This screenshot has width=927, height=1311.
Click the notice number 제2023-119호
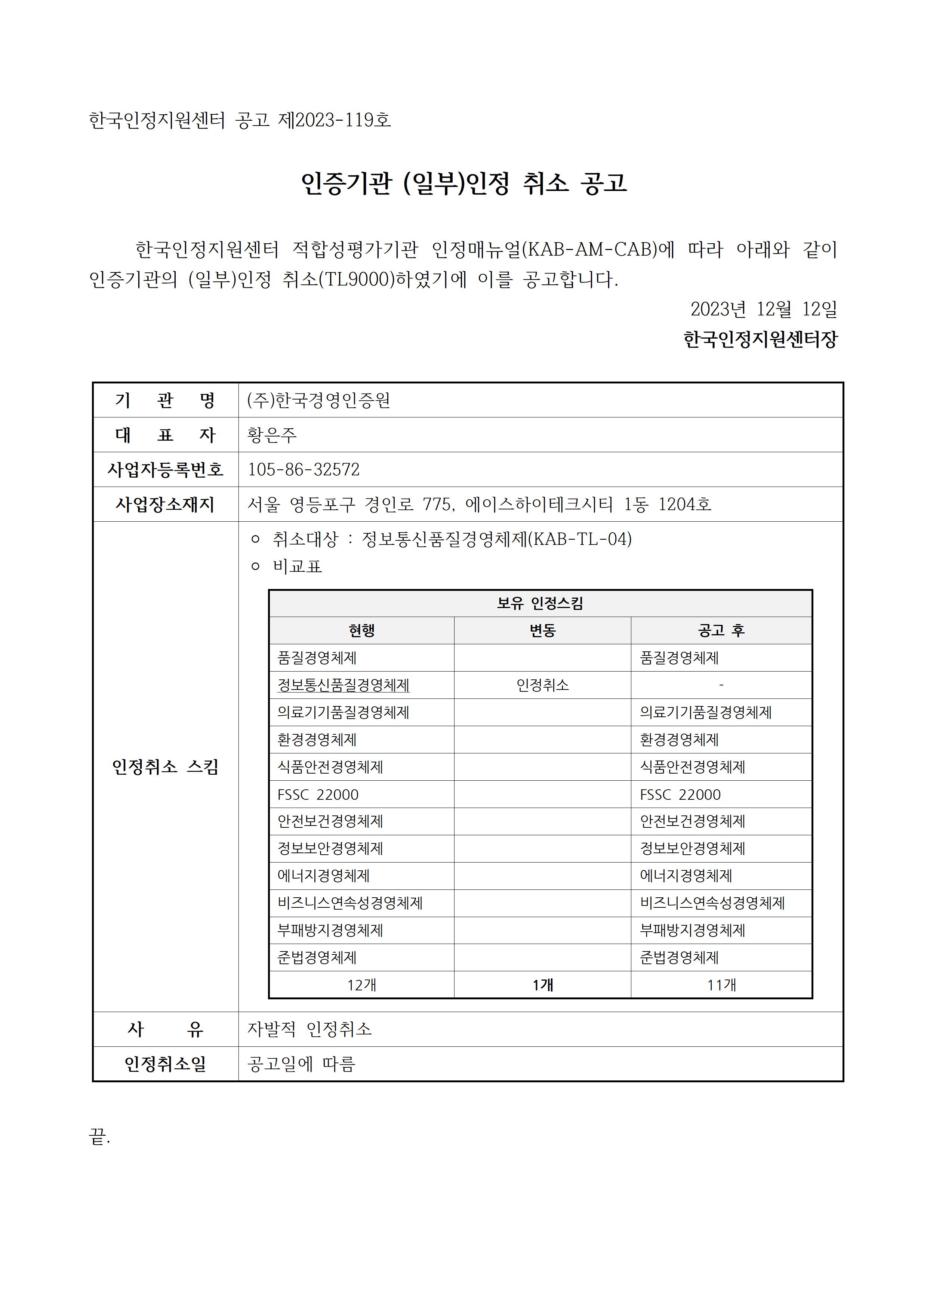pos(334,120)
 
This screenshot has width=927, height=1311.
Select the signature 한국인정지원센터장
pos(760,340)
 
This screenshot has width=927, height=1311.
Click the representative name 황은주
pos(272,435)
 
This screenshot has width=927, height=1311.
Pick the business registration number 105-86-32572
pos(303,469)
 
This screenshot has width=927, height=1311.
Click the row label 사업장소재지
pos(165,504)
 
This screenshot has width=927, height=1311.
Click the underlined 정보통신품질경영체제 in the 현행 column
pos(343,685)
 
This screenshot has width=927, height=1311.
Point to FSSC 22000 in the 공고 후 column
pos(680,794)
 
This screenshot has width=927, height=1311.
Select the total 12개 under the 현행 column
pos(361,985)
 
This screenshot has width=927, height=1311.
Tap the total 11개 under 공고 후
pos(721,985)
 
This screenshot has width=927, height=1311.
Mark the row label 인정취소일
pos(165,1064)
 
